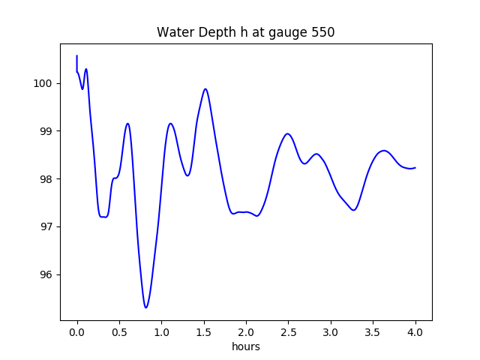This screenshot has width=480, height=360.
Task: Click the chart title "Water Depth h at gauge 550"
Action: (246, 33)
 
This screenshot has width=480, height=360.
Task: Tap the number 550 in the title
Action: (323, 33)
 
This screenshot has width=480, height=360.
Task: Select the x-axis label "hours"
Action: (246, 346)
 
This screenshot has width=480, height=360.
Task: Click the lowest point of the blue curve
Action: (146, 307)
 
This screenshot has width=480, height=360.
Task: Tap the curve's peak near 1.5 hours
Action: (205, 89)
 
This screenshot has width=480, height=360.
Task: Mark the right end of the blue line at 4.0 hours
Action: (415, 168)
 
